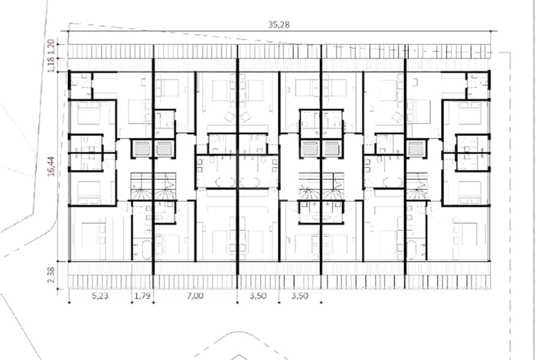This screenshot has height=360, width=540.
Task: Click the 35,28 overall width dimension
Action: pyautogui.click(x=279, y=24)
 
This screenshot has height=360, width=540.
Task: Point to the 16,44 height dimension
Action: pyautogui.click(x=51, y=166)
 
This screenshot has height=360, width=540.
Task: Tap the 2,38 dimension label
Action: pyautogui.click(x=51, y=275)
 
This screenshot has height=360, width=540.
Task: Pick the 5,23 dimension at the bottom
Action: pyautogui.click(x=100, y=295)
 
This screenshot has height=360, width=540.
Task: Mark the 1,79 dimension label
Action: pyautogui.click(x=142, y=295)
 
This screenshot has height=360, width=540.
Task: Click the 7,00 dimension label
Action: pyautogui.click(x=195, y=295)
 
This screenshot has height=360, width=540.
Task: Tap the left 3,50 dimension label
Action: pyautogui.click(x=258, y=295)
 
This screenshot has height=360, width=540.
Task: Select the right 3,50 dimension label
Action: pyautogui.click(x=300, y=295)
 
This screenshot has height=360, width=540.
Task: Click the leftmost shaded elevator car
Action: pyautogui.click(x=141, y=148)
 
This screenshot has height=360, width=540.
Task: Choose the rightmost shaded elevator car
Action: pyautogui.click(x=416, y=148)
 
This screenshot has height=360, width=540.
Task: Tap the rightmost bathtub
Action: pyautogui.click(x=411, y=250)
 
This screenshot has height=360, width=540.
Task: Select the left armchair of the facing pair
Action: pyautogui.click(x=230, y=116)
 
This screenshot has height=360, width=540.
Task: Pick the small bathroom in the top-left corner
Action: pyautogui.click(x=81, y=85)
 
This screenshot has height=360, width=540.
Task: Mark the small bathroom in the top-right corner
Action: pyautogui.click(x=477, y=85)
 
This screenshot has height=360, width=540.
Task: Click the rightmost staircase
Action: pyautogui.click(x=417, y=186)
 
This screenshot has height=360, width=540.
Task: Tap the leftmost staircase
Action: pyautogui.click(x=141, y=186)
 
